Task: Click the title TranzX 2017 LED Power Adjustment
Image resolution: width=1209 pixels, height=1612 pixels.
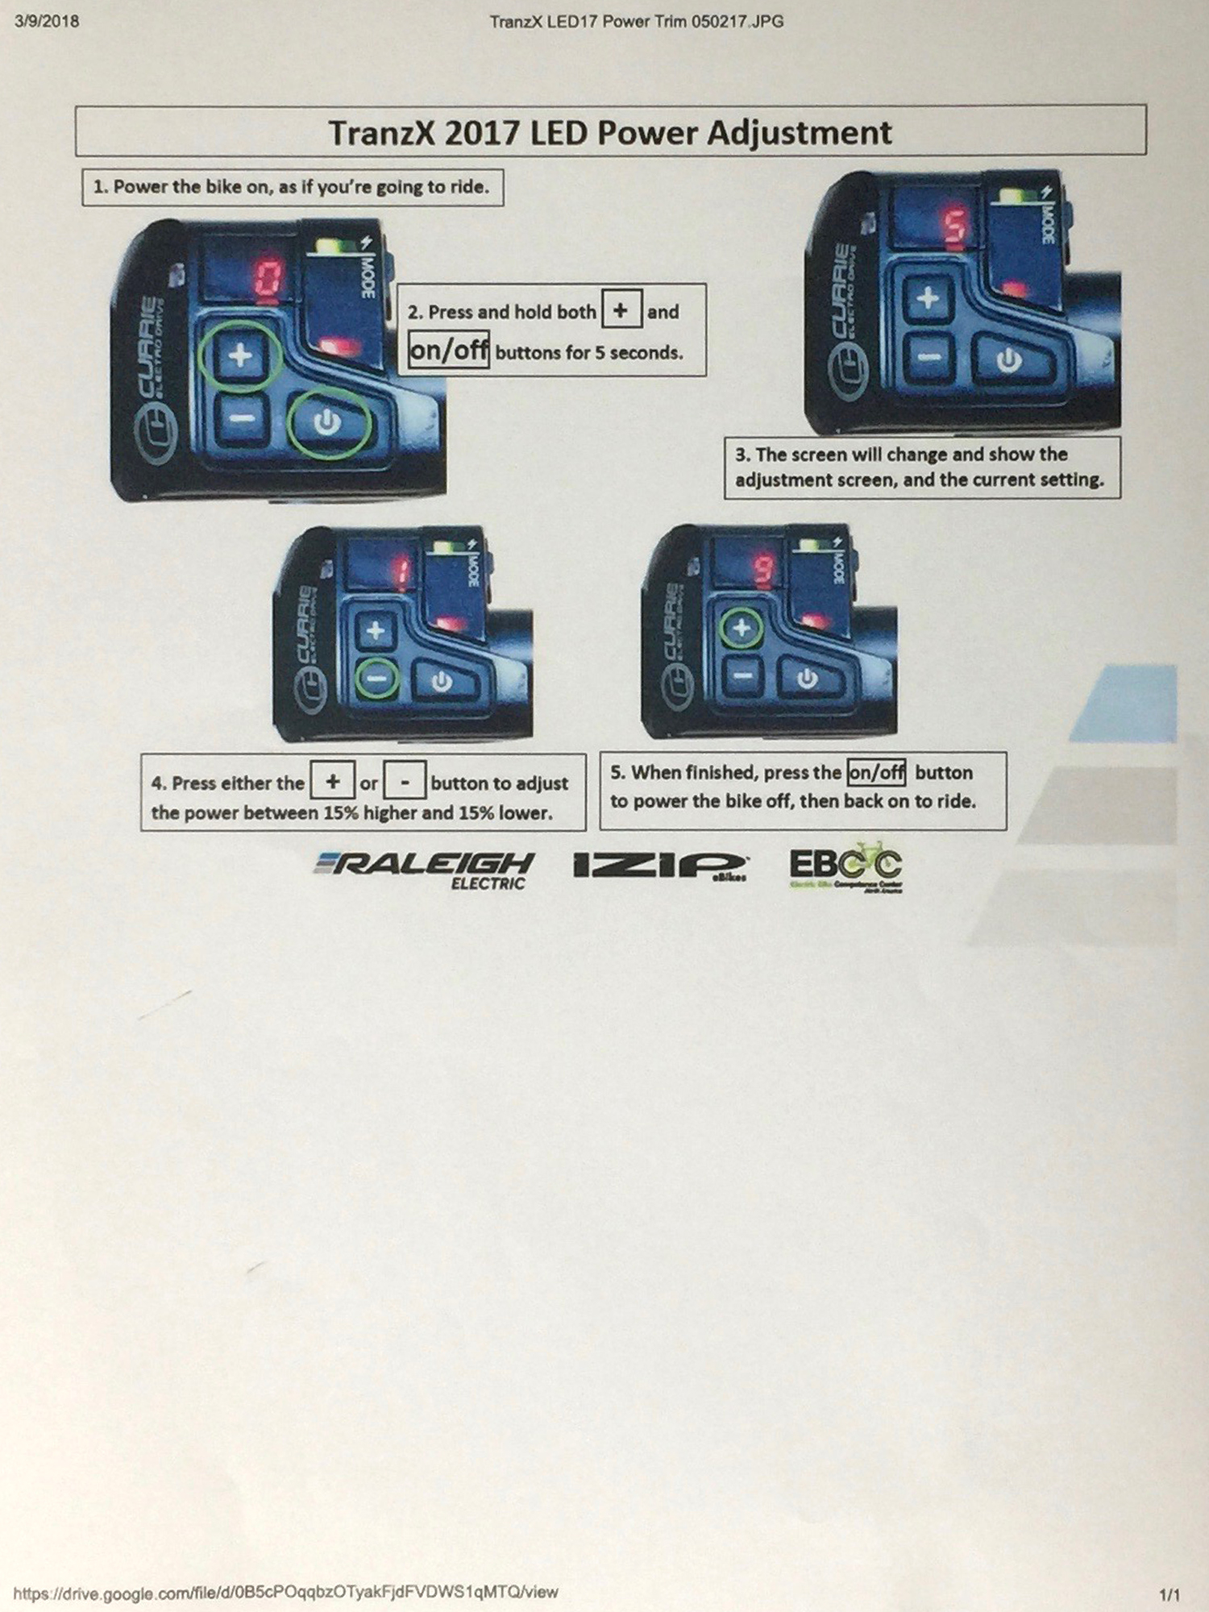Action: click(610, 133)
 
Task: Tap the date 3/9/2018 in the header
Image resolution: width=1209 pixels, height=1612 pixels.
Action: click(47, 22)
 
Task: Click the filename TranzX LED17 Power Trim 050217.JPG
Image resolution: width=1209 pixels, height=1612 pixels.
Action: click(636, 22)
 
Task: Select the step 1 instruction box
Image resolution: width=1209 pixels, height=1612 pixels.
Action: click(293, 187)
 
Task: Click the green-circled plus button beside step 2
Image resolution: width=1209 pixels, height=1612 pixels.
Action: click(241, 355)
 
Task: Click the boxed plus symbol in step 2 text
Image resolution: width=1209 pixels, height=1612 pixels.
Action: click(621, 310)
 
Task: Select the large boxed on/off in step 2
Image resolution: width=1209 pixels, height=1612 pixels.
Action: click(448, 350)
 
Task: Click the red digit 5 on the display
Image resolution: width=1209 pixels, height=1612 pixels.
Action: click(956, 227)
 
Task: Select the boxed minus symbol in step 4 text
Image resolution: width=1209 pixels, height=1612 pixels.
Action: click(405, 781)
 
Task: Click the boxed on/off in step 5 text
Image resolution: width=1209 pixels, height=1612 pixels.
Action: click(876, 772)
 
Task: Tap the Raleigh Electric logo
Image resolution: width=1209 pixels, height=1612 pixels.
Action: click(425, 870)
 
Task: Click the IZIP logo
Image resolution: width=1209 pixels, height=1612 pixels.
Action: click(659, 866)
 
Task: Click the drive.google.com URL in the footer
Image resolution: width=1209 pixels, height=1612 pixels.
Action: click(285, 1592)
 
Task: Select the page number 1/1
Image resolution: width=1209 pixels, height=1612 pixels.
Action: click(1169, 1594)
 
